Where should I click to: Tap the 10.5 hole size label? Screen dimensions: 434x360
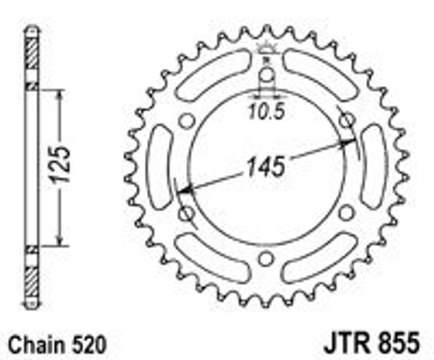click(x=266, y=111)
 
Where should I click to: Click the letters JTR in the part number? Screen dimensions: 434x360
click(x=345, y=343)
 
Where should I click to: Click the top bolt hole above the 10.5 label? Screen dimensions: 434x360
click(x=267, y=74)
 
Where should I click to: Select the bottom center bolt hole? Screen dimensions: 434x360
click(x=266, y=259)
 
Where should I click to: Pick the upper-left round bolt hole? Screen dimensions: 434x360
click(x=187, y=120)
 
